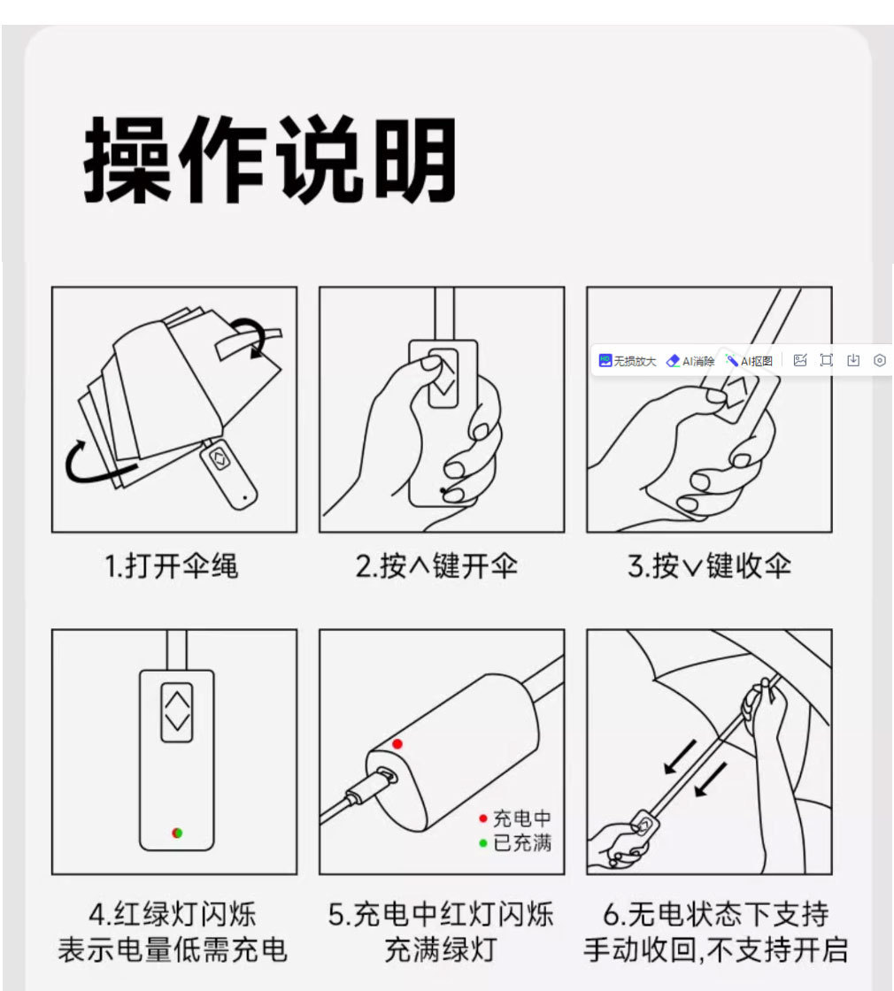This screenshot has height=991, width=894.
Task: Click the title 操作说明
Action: click(270, 160)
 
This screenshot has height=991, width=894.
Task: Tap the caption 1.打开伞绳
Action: click(172, 566)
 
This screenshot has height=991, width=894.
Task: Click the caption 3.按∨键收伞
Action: click(709, 566)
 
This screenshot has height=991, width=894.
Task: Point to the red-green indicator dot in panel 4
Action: click(177, 833)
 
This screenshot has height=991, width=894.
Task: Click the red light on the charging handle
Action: click(397, 744)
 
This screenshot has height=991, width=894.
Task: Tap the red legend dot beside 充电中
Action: click(482, 818)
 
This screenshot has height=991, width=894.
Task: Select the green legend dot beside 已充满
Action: click(482, 843)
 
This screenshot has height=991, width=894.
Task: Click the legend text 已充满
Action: click(521, 843)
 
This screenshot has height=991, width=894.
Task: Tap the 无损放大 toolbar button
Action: click(628, 361)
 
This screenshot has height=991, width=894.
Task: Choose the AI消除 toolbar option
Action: click(690, 361)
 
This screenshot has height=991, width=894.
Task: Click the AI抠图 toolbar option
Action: click(749, 361)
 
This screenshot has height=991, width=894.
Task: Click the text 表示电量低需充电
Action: click(173, 950)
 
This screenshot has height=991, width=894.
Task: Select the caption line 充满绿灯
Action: click(441, 950)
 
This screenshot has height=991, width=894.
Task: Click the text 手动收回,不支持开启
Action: click(715, 950)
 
